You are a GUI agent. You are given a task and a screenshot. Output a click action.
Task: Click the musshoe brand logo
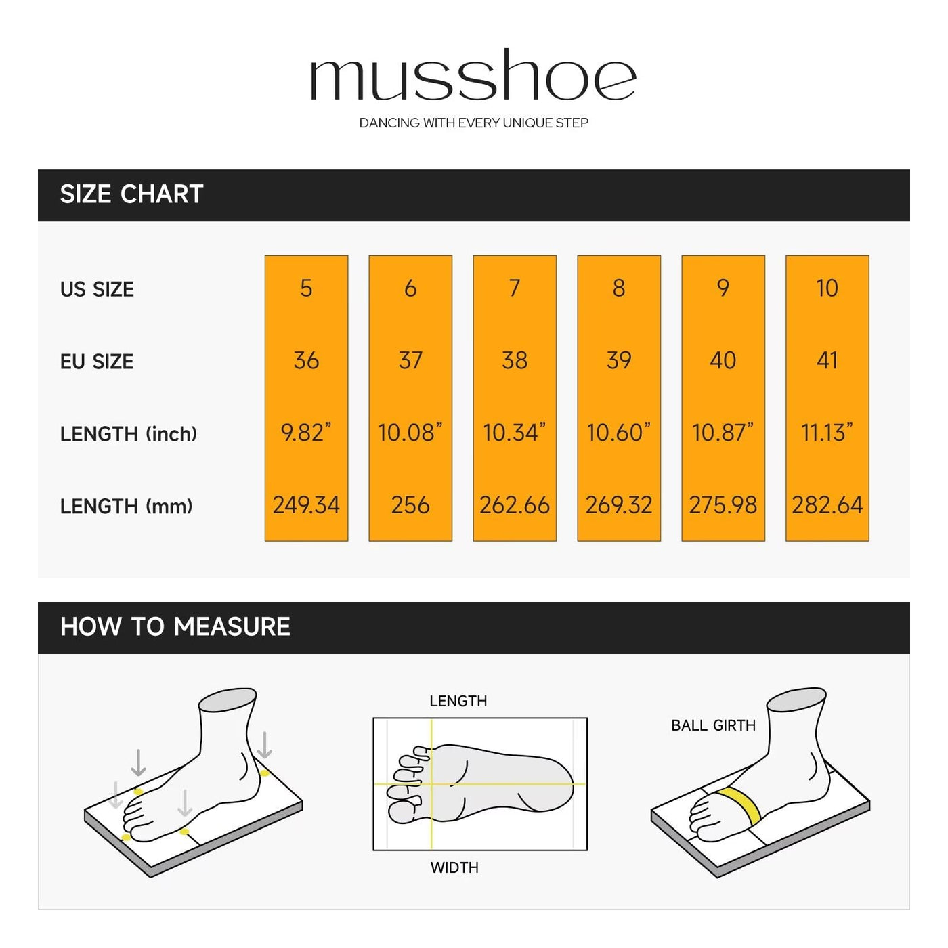(473, 74)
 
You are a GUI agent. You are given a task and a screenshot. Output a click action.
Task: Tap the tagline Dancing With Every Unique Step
(473, 123)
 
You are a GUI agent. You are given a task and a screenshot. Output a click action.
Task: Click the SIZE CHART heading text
(131, 194)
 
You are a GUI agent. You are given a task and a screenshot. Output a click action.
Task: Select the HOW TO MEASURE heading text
(175, 627)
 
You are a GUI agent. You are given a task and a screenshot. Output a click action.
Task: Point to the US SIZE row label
(97, 289)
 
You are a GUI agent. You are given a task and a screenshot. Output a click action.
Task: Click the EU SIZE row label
(96, 362)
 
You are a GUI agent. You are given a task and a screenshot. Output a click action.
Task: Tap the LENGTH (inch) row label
(129, 434)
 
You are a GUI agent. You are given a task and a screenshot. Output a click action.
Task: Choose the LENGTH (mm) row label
(126, 507)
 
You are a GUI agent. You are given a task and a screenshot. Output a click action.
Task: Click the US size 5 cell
(306, 288)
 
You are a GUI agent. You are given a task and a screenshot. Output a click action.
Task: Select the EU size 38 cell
(515, 360)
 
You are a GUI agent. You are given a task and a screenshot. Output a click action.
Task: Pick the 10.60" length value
(618, 432)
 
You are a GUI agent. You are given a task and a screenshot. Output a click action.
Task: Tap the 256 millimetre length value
(410, 504)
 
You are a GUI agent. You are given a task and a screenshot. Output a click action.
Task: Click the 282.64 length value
(827, 504)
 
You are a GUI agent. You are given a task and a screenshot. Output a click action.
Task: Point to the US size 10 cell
(827, 288)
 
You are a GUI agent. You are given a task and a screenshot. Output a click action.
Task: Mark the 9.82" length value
(306, 432)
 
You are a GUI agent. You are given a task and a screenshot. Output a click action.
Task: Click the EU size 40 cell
(723, 360)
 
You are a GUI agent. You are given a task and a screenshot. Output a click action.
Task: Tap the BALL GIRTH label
(713, 725)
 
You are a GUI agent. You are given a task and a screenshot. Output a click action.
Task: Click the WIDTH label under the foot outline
(454, 867)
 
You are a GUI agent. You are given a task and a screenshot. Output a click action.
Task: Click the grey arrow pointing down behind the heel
(265, 746)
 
